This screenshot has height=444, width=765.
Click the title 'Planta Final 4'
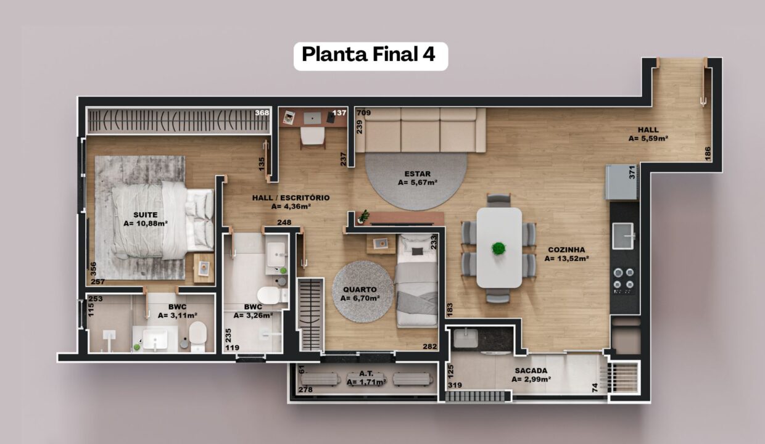pyautogui.click(x=368, y=55)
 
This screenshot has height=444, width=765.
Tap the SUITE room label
pyautogui.click(x=146, y=215)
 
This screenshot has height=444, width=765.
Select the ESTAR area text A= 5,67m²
pyautogui.click(x=417, y=183)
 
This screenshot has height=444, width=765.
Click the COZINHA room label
pyautogui.click(x=566, y=250)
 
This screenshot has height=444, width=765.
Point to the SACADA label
pyautogui.click(x=531, y=371)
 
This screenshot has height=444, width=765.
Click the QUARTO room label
pyautogui.click(x=360, y=290)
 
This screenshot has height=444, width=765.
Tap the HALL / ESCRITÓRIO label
pyautogui.click(x=291, y=197)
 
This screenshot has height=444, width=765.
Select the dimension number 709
pyautogui.click(x=364, y=113)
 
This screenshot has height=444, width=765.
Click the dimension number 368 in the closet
pyautogui.click(x=262, y=113)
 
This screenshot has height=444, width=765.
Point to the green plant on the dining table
pyautogui.click(x=499, y=248)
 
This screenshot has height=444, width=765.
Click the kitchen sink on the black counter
pyautogui.click(x=623, y=236)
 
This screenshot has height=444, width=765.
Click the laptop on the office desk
pyautogui.click(x=312, y=118)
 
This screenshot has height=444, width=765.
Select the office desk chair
pyautogui.click(x=312, y=137)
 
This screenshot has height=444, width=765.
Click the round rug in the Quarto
pyautogui.click(x=363, y=292)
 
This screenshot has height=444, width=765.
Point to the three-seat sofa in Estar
pyautogui.click(x=420, y=130)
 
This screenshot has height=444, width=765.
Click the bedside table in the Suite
pyautogui.click(x=204, y=268)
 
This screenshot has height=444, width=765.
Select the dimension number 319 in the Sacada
pyautogui.click(x=455, y=385)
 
